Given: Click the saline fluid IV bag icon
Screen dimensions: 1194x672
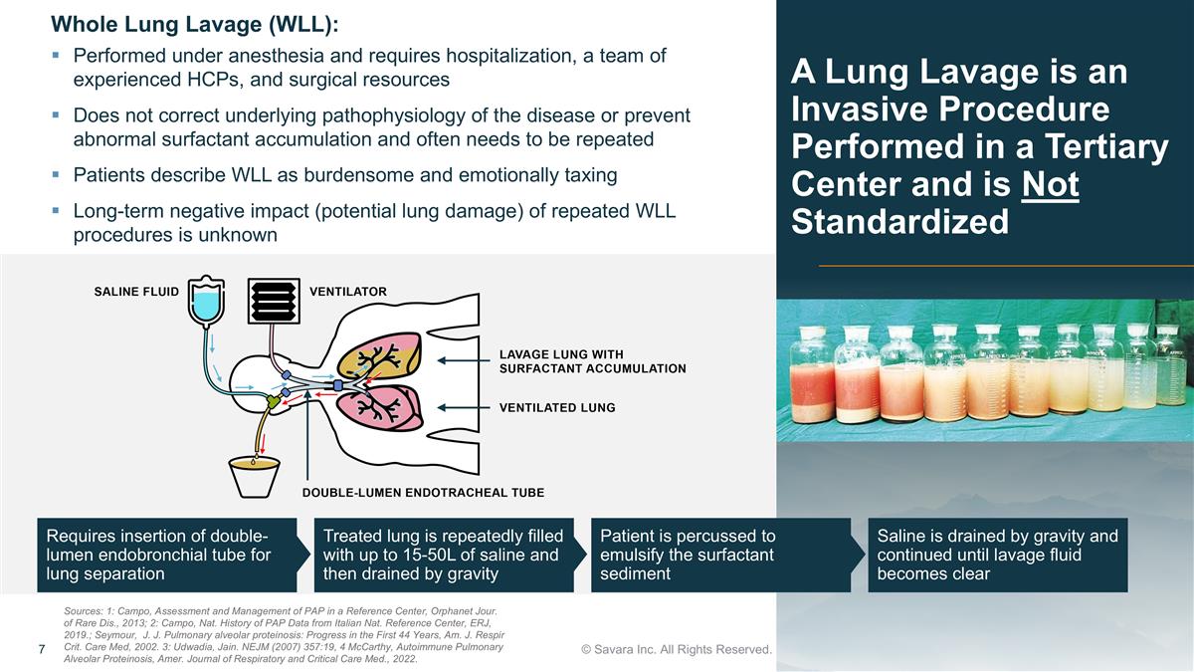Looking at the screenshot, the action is point(206,301).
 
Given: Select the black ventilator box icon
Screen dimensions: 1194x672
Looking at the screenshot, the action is point(274,301).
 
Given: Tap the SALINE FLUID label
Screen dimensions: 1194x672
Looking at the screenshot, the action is point(136,292).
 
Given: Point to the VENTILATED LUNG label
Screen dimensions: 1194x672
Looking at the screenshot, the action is point(557,408).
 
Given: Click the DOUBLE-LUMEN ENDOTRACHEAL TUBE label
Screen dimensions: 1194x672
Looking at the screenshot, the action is point(423,492).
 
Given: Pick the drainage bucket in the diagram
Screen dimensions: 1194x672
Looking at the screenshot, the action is point(255,477).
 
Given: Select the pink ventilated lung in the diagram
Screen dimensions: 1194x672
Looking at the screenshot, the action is point(379,407).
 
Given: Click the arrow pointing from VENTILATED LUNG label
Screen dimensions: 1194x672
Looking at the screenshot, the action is point(464,408).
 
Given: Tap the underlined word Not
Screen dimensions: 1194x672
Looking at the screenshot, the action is point(1050,184).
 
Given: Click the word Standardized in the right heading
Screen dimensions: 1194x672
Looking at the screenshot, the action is point(899,222).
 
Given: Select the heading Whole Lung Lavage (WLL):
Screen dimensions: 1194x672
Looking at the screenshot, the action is point(195,25).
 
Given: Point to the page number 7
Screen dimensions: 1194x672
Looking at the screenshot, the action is point(42,649).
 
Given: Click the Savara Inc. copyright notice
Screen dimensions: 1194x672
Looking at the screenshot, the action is point(677,649).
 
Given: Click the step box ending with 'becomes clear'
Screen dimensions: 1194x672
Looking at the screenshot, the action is point(998,555).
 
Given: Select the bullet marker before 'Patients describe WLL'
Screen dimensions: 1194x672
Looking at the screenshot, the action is point(56,174).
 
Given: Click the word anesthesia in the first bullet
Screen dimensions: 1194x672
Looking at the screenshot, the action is point(273,56).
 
